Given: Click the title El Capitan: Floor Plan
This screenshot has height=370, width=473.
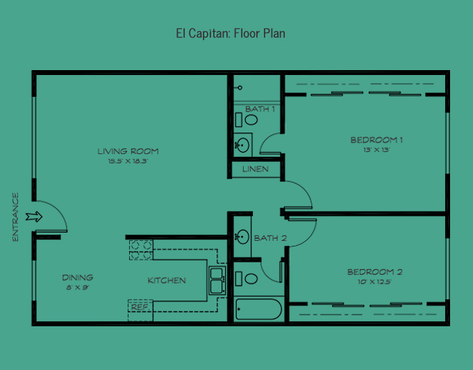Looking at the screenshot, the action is (231, 33).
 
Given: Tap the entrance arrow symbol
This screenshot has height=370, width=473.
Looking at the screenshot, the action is (34, 217).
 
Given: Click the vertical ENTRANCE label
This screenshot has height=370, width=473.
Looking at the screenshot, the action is (15, 217).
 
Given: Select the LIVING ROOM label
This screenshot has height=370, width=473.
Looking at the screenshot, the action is (128, 151).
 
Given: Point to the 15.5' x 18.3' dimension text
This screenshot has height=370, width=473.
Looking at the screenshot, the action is (128, 161).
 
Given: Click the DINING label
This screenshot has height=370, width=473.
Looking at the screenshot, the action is (78, 278).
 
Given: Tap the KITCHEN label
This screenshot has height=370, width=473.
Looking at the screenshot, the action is (167, 280).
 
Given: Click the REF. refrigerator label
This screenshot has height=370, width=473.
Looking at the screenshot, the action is (140, 308).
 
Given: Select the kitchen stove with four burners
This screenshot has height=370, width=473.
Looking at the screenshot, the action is (141, 250).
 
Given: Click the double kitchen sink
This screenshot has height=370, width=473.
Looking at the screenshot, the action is (217, 280).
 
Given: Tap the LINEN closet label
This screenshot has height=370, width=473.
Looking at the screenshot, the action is (256, 169).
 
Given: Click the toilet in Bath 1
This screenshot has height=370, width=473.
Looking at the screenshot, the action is (247, 119).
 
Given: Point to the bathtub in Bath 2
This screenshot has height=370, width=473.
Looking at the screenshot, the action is (258, 309).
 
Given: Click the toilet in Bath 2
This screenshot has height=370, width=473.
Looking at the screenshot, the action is (247, 278).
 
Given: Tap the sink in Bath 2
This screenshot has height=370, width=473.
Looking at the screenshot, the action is (242, 237).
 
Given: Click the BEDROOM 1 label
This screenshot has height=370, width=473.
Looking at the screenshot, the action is (376, 140).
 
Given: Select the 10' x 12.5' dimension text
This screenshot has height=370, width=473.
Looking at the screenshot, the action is (374, 282).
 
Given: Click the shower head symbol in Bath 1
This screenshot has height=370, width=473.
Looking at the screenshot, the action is (239, 87).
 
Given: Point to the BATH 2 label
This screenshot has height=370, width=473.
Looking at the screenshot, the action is (270, 238).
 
